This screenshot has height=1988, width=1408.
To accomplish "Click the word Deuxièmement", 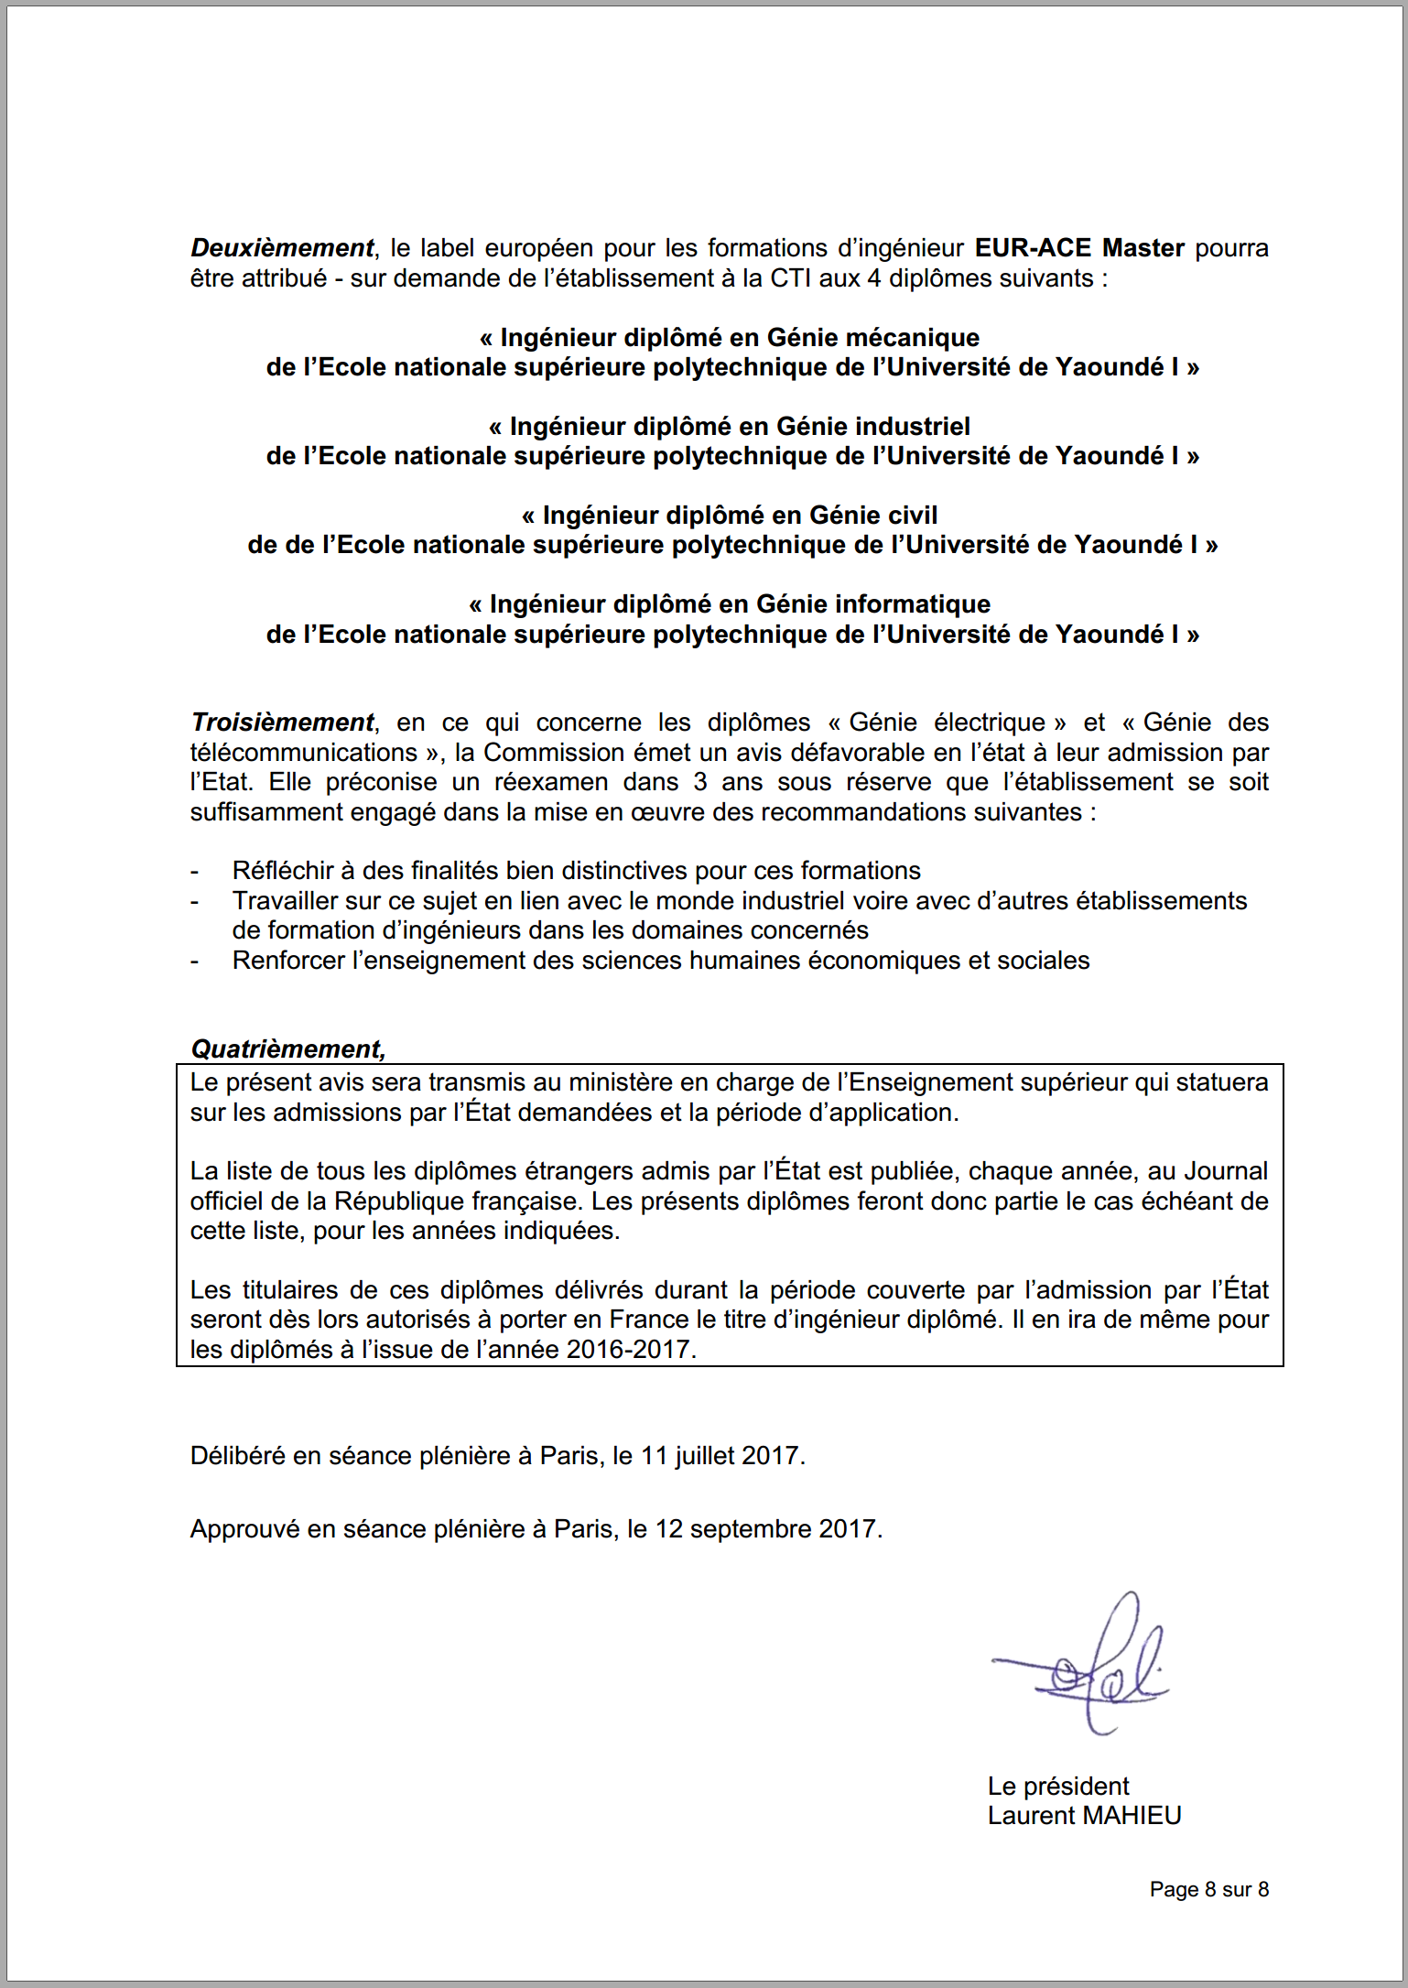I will click(281, 248).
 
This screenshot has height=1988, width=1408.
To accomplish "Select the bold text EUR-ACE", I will click(1033, 248).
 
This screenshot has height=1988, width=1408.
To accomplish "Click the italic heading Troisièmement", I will click(282, 722).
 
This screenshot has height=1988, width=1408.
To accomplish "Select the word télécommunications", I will click(303, 753).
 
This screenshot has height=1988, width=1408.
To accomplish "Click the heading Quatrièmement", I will click(287, 1048).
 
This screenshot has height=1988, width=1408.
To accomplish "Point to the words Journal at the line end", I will click(1226, 1171).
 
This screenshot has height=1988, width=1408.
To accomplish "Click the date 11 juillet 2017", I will click(722, 1456).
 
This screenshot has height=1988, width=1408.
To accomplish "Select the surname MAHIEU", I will click(1132, 1816).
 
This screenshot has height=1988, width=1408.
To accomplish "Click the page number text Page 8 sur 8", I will click(1208, 1889).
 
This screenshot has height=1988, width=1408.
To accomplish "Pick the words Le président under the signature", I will click(1057, 1787).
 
